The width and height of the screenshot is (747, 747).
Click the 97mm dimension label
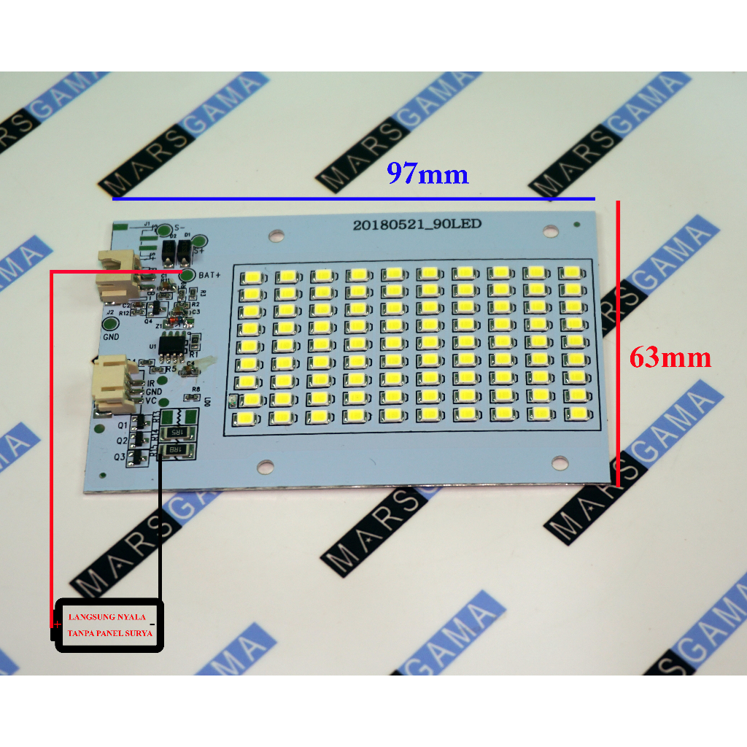[x=427, y=174]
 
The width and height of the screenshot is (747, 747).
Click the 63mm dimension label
[x=670, y=357]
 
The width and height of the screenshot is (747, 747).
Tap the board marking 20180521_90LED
[x=417, y=225]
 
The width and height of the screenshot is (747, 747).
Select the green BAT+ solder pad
[x=187, y=275]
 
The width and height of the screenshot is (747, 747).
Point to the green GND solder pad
[x=111, y=324]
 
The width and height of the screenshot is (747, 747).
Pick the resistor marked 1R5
[x=177, y=433]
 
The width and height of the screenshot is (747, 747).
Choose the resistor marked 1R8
[x=177, y=451]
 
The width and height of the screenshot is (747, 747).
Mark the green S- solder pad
[x=165, y=230]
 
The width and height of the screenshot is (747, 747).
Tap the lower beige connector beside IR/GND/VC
[x=113, y=384]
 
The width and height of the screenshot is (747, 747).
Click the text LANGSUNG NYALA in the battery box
[x=107, y=617]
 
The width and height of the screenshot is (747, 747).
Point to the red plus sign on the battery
[x=56, y=625]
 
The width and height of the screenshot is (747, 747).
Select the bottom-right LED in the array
[x=574, y=414]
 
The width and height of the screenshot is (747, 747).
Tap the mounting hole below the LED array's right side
[x=559, y=462]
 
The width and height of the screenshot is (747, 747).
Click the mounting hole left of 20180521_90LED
[x=275, y=236]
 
